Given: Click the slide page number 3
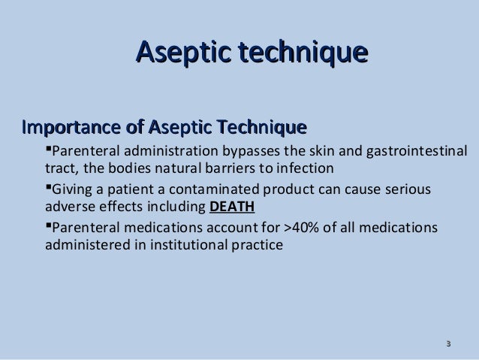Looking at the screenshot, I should pyautogui.click(x=448, y=345).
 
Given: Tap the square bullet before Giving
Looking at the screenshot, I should pyautogui.click(x=50, y=186).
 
